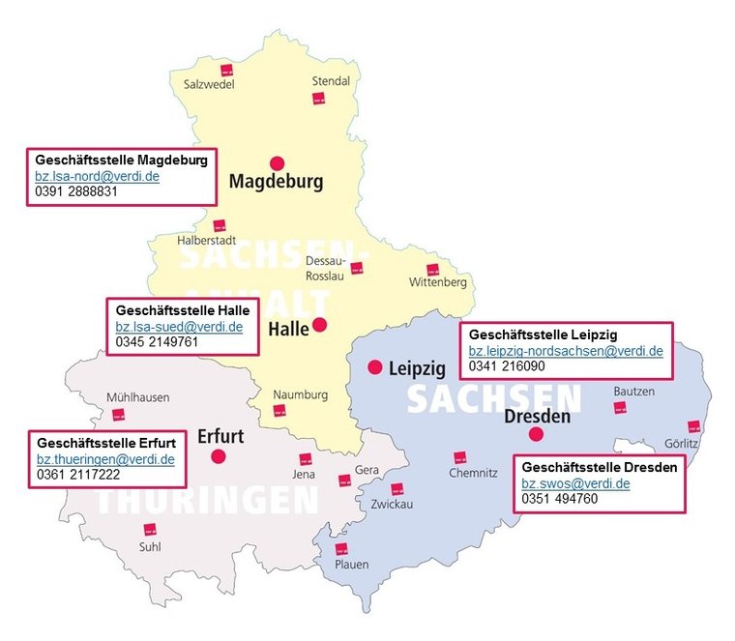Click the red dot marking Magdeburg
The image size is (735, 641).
click(278, 162)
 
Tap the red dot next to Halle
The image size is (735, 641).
click(319, 325)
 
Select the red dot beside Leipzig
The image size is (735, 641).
click(375, 366)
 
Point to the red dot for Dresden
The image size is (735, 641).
click(536, 434)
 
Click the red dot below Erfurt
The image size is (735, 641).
click(219, 455)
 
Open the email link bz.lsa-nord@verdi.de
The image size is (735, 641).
click(97, 176)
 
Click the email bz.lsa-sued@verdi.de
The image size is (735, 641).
click(179, 327)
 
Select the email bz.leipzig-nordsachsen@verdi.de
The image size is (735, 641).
click(566, 351)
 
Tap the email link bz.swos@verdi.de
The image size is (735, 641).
click(575, 482)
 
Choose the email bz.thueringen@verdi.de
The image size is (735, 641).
click(105, 459)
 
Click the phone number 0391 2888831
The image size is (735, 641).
click(76, 191)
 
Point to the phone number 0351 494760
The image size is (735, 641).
click(559, 498)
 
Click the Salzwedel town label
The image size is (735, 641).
click(209, 84)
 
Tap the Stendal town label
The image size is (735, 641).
click(331, 81)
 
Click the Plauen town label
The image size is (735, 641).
click(351, 564)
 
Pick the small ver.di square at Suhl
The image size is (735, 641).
click(150, 529)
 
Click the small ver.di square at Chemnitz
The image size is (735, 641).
click(460, 457)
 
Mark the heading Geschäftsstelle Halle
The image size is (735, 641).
click(182, 310)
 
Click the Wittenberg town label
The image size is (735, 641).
click(437, 282)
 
